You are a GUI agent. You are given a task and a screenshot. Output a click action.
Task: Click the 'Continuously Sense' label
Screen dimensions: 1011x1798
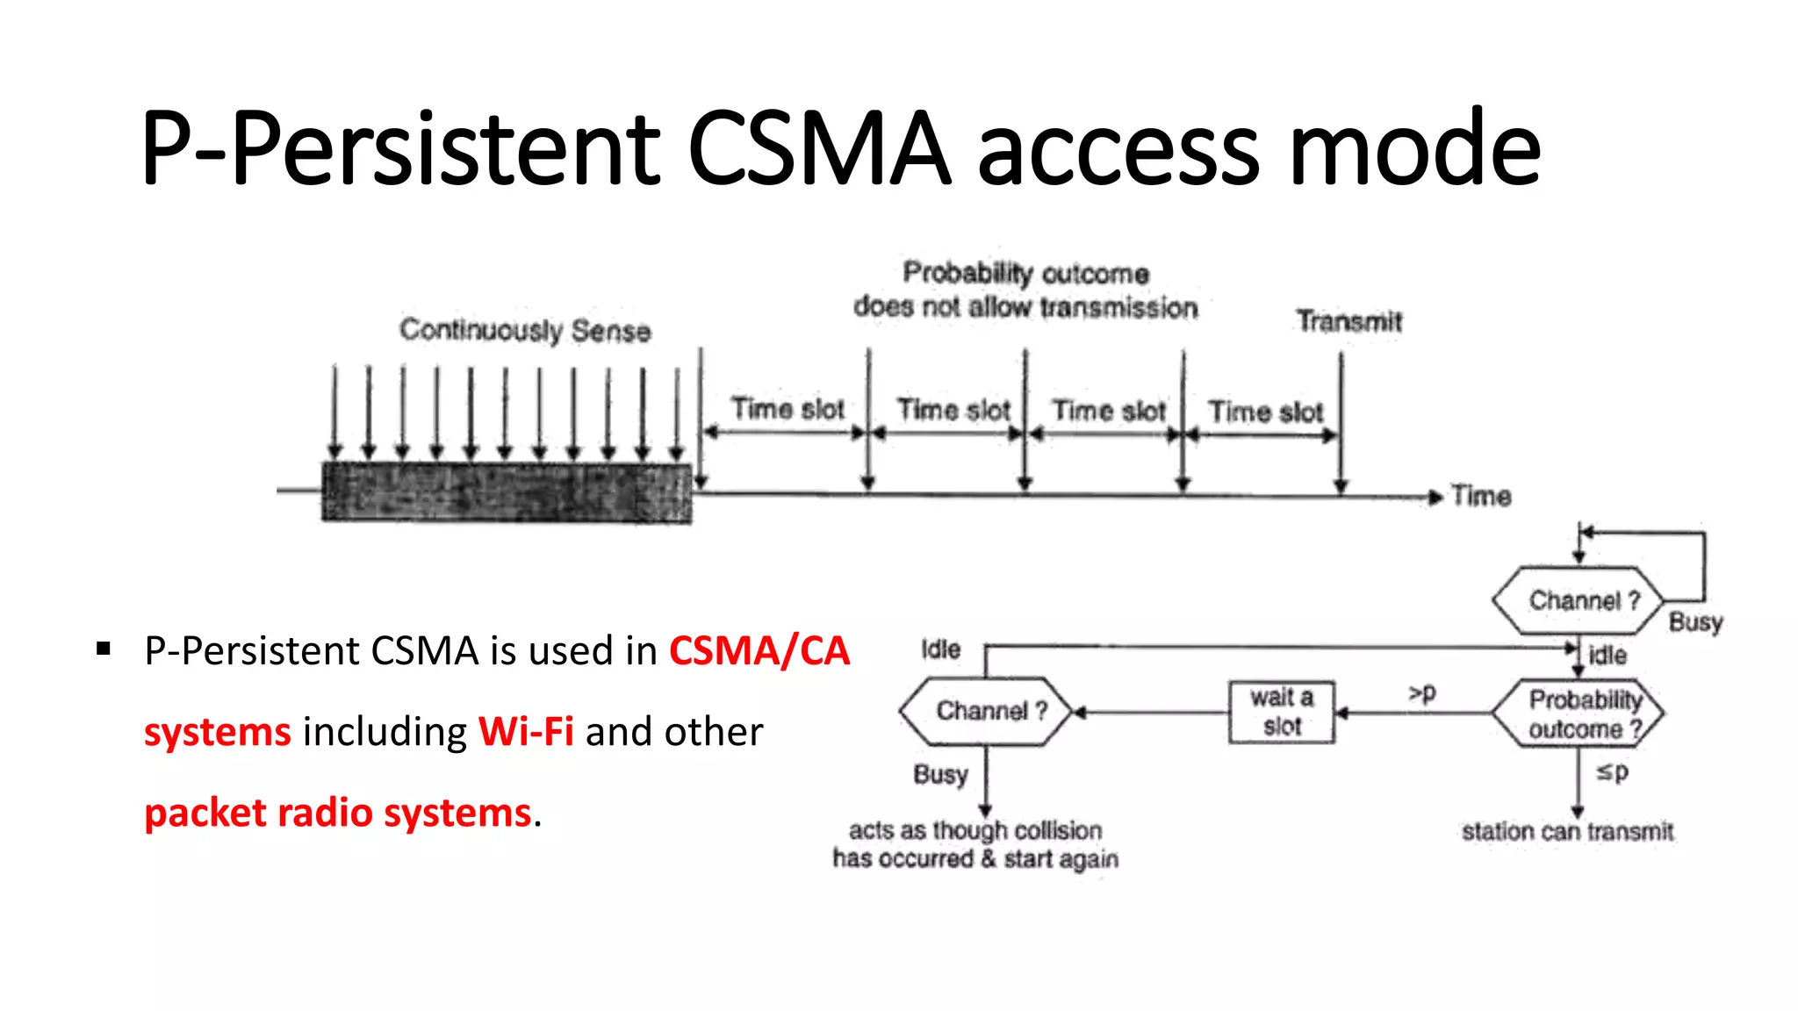coord(525,330)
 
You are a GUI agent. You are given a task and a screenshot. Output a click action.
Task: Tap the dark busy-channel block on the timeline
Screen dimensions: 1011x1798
coord(507,492)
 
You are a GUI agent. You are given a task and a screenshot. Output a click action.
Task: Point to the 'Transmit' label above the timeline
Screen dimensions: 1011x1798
coord(1348,321)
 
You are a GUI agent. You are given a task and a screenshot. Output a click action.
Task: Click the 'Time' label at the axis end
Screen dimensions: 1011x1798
coord(1480,496)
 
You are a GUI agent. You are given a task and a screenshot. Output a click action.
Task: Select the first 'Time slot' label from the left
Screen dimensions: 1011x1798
coord(788,409)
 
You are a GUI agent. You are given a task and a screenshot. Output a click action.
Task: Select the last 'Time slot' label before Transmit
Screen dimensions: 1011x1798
coord(1265,412)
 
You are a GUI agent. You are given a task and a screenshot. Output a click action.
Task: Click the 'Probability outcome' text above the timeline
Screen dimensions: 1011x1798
coord(1025,273)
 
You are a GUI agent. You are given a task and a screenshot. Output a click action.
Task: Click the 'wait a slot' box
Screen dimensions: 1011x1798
coord(1281,712)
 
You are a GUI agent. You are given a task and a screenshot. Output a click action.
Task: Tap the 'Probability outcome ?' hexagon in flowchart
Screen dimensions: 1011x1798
coord(1579,713)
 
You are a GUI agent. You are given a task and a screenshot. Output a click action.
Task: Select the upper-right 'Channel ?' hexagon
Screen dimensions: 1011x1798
coord(1579,600)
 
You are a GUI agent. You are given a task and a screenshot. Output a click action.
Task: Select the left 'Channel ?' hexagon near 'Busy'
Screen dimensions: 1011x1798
coord(986,711)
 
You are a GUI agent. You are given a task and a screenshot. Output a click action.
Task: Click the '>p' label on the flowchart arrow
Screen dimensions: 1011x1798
coord(1422,693)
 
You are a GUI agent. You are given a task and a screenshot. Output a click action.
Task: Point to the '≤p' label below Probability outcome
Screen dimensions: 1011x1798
coord(1612,772)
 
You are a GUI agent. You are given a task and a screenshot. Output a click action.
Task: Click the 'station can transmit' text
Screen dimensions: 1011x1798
coord(1567,831)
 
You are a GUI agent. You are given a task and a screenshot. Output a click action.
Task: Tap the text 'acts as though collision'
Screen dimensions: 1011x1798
coord(975,829)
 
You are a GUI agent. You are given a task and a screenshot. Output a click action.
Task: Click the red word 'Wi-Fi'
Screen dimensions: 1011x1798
coord(526,731)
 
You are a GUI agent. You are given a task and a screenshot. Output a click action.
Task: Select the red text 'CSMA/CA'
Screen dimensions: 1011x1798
coord(759,651)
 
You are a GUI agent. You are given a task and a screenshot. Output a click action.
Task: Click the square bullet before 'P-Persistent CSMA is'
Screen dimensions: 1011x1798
coord(104,649)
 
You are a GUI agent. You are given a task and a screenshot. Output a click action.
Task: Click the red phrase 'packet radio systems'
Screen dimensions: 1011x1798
coord(338,813)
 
